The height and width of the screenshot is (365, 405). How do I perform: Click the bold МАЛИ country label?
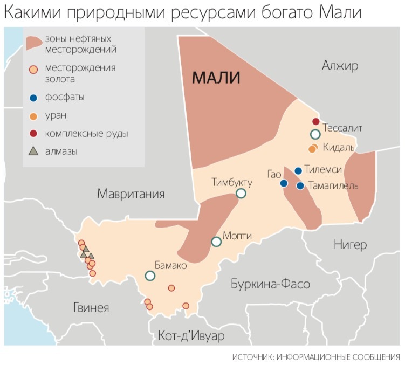217,78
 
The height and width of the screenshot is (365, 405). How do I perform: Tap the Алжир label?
340,66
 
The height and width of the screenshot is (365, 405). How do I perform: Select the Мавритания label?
131,194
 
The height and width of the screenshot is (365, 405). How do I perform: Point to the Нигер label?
350,245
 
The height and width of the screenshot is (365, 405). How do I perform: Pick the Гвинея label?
91,308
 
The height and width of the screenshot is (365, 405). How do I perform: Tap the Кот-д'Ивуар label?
191,336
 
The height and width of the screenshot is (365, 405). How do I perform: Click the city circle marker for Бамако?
150,276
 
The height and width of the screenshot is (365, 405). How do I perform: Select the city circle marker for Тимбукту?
241,193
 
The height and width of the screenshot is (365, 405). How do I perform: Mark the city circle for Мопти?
216,242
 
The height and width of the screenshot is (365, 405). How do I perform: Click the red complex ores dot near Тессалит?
316,121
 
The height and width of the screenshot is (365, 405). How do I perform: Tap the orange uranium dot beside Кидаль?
312,148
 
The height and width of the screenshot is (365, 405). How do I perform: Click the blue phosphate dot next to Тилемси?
298,170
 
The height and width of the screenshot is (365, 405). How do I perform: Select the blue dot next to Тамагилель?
300,186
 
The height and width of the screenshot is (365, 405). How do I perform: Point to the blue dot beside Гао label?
284,183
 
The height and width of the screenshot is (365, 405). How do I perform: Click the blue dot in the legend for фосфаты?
34,98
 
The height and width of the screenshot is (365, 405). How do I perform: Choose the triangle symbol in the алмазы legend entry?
34,151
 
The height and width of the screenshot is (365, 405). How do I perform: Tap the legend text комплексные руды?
87,133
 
